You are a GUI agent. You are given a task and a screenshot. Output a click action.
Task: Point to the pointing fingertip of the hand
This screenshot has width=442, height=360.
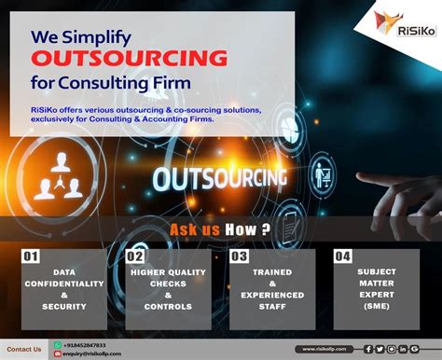(x=359, y=178)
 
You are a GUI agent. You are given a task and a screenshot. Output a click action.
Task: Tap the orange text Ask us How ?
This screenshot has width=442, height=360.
(x=221, y=229)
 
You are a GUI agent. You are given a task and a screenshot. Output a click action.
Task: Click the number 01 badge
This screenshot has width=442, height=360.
(x=31, y=256)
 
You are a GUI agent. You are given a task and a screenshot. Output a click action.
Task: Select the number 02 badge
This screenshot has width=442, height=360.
(x=135, y=256)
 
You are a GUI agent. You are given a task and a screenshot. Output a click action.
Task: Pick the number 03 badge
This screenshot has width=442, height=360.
(x=240, y=256)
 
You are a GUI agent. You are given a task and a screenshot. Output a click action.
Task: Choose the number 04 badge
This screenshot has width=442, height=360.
(x=343, y=256)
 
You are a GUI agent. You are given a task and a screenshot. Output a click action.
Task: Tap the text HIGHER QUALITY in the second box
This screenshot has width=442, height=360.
(x=168, y=273)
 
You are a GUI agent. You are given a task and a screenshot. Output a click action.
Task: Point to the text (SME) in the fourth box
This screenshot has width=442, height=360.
(x=376, y=306)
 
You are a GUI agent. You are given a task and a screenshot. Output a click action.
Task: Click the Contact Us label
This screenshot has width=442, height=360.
(x=25, y=349)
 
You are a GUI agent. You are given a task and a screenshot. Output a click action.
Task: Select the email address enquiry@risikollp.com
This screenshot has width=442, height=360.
(x=92, y=354)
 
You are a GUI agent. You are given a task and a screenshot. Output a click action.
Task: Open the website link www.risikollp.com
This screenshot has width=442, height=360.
(x=325, y=349)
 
